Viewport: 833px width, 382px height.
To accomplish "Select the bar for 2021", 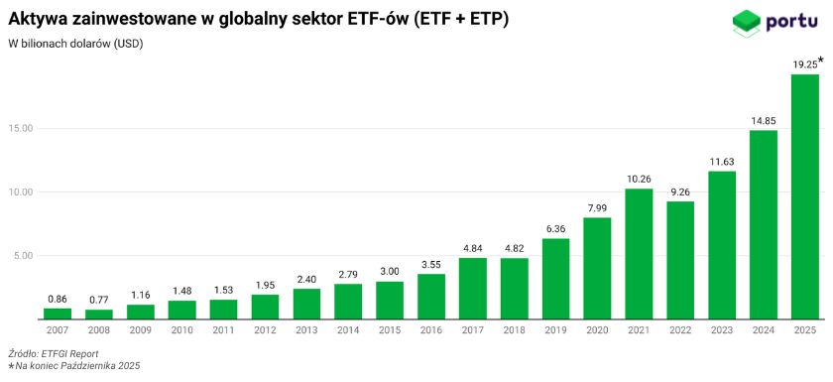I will (x=639, y=254).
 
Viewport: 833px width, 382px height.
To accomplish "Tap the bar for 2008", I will (x=99, y=315).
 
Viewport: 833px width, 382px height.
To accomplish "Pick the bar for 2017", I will (x=472, y=289).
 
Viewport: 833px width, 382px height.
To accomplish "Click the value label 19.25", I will (x=804, y=64).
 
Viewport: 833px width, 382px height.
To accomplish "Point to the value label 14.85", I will (x=763, y=121).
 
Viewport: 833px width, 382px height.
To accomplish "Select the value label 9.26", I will (x=679, y=191).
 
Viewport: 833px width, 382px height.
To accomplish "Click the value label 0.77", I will (x=99, y=300).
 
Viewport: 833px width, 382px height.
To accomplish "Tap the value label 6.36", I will (x=555, y=228).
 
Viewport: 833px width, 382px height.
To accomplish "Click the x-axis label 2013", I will (x=306, y=329).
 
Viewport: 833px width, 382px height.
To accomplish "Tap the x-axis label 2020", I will (x=597, y=329).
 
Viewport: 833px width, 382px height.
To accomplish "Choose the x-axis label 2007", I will (x=58, y=329).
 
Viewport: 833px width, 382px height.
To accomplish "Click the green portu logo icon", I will (x=745, y=21).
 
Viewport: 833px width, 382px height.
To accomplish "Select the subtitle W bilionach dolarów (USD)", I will (x=75, y=44).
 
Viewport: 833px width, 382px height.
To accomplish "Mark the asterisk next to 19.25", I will (x=821, y=61).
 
